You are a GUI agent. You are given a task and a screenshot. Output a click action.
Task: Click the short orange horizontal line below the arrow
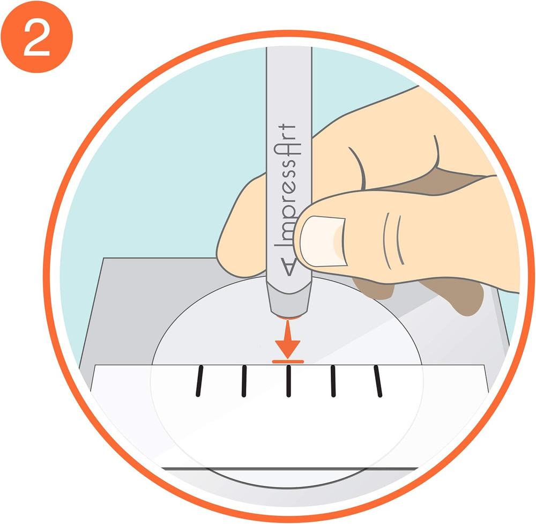288,362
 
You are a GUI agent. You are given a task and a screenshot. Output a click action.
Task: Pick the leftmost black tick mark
199,382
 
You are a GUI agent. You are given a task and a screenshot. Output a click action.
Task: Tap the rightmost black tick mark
378,381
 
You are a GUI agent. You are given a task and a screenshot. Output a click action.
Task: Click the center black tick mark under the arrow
288,382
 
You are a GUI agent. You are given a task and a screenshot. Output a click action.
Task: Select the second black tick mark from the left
244,382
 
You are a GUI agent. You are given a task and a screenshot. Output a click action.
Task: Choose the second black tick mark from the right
333,382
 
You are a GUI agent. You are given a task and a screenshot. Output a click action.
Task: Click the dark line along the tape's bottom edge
289,468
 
